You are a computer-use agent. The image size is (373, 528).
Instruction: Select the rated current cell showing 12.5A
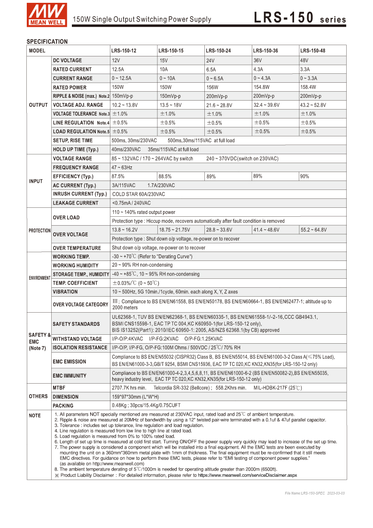click(x=118, y=69)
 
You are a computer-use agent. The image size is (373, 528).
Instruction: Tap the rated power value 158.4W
click(x=308, y=87)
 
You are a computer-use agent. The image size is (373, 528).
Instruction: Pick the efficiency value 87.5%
click(x=118, y=176)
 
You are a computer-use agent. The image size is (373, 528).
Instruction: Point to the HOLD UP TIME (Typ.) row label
click(x=76, y=150)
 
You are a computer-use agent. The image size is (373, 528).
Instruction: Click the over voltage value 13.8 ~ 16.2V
click(x=124, y=230)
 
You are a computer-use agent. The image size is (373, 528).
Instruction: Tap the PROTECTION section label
click(x=39, y=231)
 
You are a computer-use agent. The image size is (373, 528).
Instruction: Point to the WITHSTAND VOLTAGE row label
click(x=77, y=339)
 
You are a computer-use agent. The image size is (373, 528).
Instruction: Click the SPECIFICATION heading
click(x=47, y=41)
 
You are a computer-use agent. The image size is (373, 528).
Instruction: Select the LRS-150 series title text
click(x=300, y=18)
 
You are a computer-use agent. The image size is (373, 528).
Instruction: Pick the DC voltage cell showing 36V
click(x=257, y=61)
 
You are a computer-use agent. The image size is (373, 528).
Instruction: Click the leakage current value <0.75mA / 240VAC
click(x=132, y=203)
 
